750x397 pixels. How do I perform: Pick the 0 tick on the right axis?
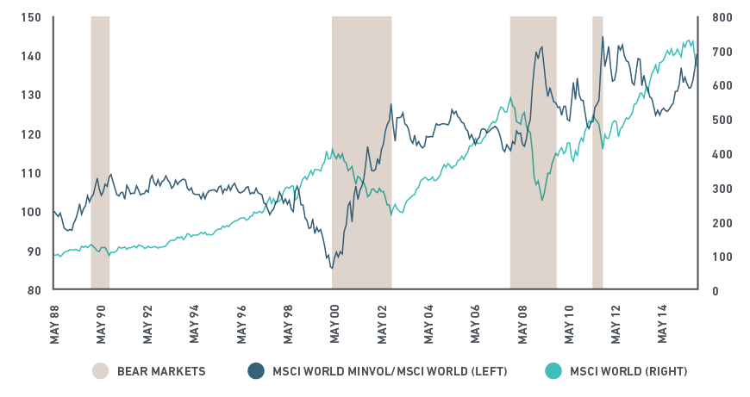click(x=716, y=291)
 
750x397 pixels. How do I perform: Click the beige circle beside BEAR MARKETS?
click(x=100, y=371)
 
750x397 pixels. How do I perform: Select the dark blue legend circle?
click(x=255, y=371)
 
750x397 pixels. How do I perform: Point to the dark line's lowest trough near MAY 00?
click(x=332, y=268)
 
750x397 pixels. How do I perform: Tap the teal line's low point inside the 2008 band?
click(x=542, y=200)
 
